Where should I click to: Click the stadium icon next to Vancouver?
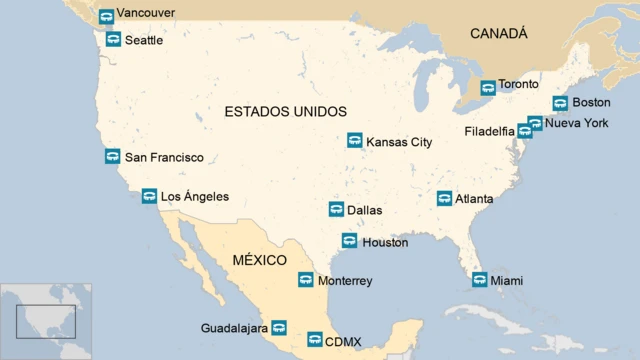pos(106,16)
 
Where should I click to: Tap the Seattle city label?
pos(144,40)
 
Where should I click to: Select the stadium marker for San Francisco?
pos(112,156)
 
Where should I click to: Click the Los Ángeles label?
pos(194,197)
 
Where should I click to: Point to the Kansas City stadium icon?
pos(354,141)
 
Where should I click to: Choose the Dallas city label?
pos(364,211)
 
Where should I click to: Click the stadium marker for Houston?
pos(349,241)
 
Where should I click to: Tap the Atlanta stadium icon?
pos(444,198)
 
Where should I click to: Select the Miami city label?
pos(506,281)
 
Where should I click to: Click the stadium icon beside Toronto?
pos(487,87)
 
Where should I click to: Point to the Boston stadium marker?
pos(560,103)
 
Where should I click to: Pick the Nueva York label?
pos(576,123)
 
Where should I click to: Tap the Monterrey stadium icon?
pos(305,280)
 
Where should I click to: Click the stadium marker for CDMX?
pos(314,340)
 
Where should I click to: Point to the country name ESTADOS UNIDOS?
pos(285,111)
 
